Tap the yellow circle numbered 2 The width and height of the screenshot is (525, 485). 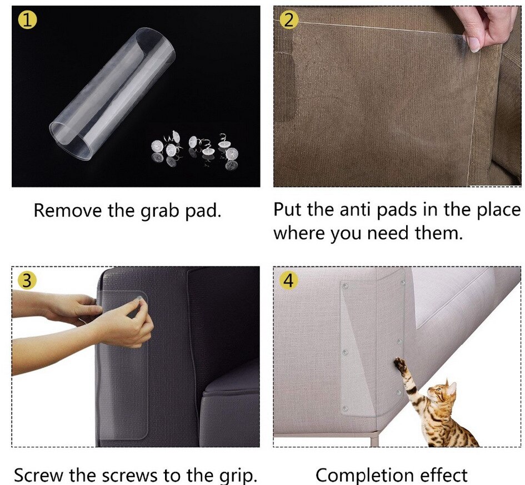point(288,20)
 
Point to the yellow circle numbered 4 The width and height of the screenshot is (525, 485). point(288,280)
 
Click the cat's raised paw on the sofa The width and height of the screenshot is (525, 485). point(399,364)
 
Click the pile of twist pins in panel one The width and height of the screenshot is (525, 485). point(195,149)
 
